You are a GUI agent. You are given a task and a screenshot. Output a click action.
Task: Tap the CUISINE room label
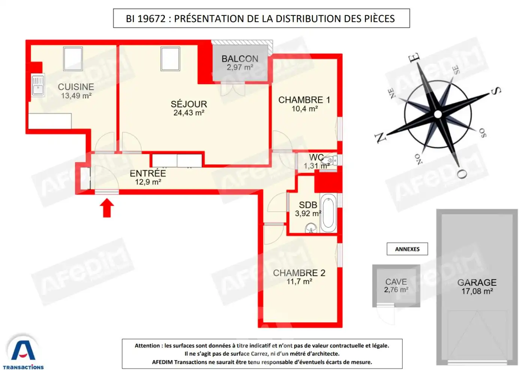point(76,87)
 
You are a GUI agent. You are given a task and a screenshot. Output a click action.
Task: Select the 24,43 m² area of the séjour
point(189,113)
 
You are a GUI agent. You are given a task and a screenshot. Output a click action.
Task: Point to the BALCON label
point(240,59)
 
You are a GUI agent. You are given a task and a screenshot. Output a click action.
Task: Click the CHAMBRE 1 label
point(304,100)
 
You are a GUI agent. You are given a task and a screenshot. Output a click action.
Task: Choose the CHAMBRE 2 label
point(299,273)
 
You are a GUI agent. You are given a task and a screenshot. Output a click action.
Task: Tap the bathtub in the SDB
point(328,213)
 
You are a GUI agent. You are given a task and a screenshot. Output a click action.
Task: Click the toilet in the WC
point(329,161)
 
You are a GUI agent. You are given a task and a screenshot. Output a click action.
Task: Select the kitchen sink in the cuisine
point(38,85)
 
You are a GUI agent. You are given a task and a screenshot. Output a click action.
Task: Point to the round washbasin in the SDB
point(311,228)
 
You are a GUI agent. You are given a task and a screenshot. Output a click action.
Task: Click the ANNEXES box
point(407,249)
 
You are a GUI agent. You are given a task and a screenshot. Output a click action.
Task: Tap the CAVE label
point(396,282)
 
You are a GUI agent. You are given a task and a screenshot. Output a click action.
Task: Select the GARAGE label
point(477,282)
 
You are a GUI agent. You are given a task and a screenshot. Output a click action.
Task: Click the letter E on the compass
point(414,58)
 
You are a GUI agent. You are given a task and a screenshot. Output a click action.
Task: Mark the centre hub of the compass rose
point(438,114)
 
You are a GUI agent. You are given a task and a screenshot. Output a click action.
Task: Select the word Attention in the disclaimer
point(148,346)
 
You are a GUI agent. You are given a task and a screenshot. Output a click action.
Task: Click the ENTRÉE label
point(148,174)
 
